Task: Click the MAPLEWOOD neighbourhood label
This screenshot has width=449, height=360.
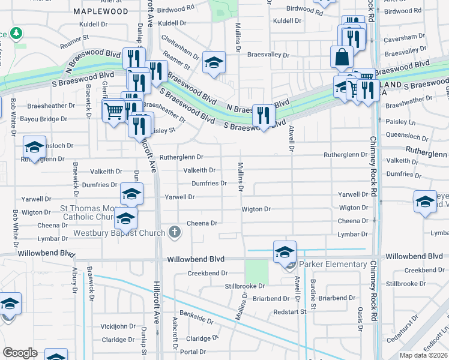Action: [x=100, y=11]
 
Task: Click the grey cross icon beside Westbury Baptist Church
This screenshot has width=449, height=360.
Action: [x=175, y=232]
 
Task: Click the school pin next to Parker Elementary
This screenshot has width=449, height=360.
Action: [x=285, y=251]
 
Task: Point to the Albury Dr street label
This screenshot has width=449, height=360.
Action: [x=74, y=280]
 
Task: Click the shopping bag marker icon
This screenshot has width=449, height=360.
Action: [x=342, y=58]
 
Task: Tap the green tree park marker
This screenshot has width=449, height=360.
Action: [x=17, y=32]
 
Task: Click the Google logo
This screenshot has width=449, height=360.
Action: [x=20, y=353]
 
